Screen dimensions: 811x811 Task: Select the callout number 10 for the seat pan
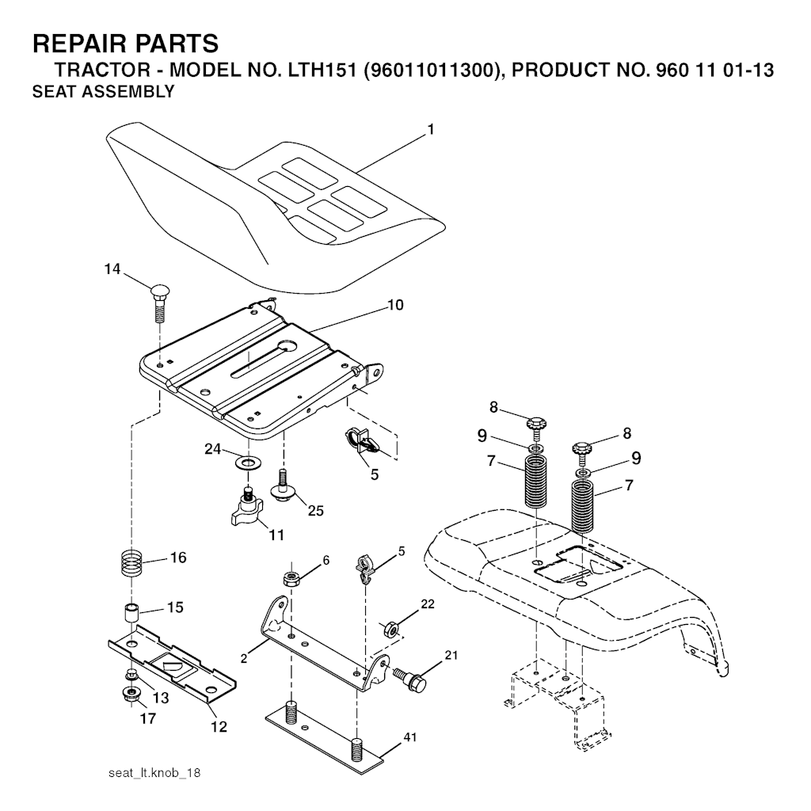[x=395, y=305]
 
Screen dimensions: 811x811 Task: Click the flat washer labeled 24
[x=248, y=462]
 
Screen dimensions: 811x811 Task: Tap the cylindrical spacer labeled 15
[x=131, y=614]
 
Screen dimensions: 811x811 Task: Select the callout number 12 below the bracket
[x=219, y=727]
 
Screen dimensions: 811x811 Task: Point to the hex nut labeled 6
[x=292, y=578]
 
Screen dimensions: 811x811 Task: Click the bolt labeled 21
[x=411, y=680]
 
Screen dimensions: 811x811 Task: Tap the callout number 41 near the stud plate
[x=410, y=737]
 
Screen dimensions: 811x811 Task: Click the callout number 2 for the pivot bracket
[x=244, y=658]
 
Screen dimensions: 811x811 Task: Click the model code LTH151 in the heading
[x=322, y=70]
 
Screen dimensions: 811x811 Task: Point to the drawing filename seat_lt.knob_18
[x=154, y=773]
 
